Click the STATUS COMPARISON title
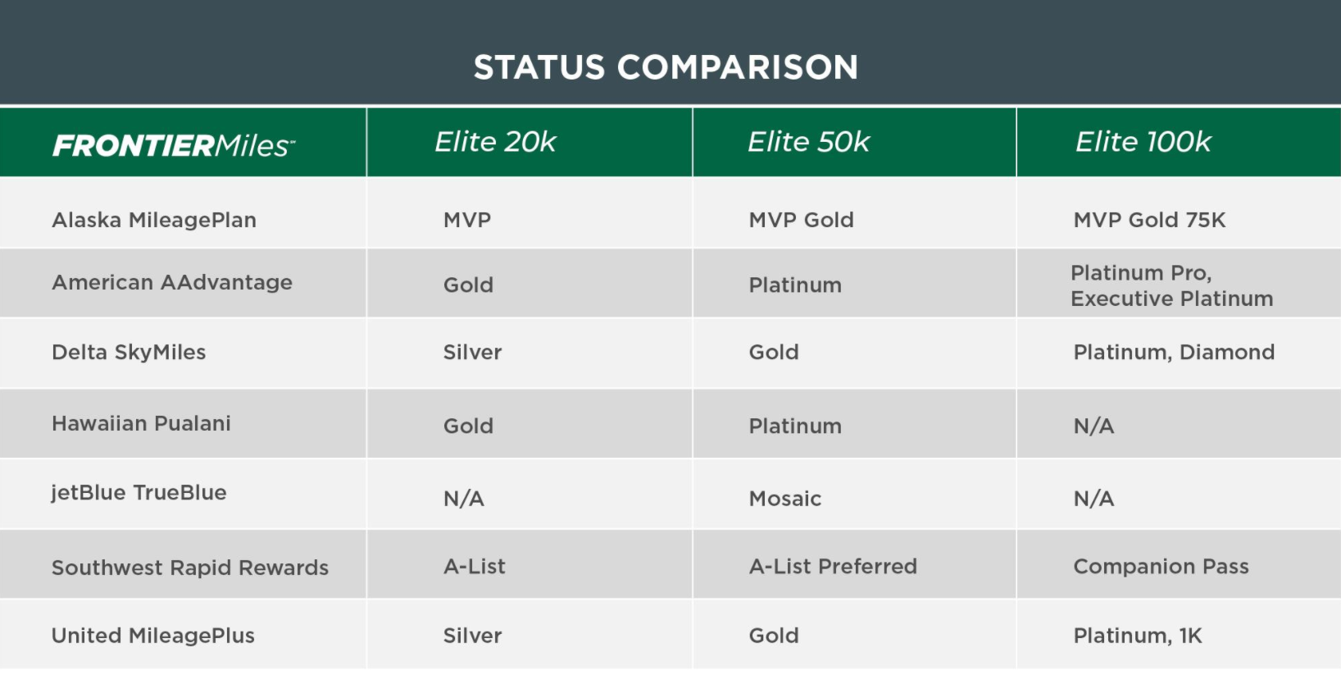point(666,67)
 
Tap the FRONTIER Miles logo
point(174,145)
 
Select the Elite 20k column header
point(495,142)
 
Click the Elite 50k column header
point(808,142)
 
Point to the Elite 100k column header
point(1143,142)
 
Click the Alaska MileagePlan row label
point(154,220)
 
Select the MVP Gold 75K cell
point(1149,220)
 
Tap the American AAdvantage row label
point(172,282)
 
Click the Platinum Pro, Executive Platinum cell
point(1171,285)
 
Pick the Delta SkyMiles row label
point(129,352)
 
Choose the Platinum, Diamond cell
point(1174,352)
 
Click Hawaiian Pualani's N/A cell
point(1093,426)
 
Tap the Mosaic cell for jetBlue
point(784,499)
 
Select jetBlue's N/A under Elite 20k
point(463,499)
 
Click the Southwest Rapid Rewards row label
point(190,568)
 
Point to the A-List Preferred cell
point(833,566)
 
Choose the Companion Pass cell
point(1161,566)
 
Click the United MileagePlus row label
point(153,636)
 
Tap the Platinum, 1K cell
point(1137,636)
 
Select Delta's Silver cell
point(472,352)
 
